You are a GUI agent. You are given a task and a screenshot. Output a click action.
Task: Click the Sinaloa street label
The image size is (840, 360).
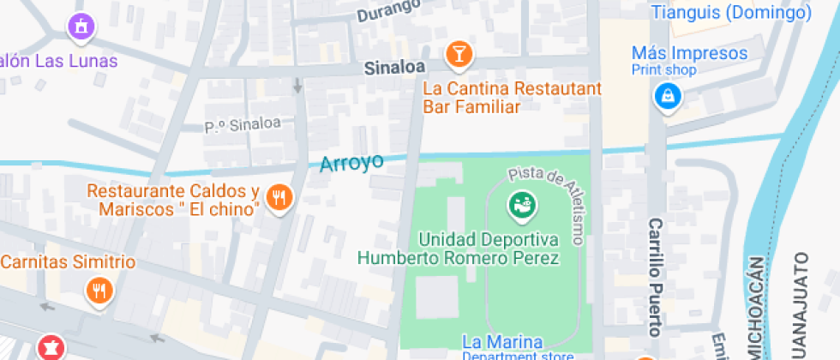pos(393,67)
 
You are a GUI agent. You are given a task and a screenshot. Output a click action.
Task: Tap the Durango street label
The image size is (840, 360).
pos(388,11)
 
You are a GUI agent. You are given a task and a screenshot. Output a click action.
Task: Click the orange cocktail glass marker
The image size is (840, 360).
pos(459,55)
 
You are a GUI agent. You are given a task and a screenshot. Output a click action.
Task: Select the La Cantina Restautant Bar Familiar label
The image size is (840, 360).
pos(513,98)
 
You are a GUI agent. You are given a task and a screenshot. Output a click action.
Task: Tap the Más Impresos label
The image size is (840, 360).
pos(689,53)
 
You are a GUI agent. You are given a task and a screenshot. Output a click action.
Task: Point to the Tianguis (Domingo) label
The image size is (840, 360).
pos(731,13)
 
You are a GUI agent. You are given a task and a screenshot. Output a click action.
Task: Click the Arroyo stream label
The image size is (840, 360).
pos(351,163)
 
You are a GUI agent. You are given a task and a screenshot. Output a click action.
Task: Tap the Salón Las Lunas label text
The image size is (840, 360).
pos(58,61)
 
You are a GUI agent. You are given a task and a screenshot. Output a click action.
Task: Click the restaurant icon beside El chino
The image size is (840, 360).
pos(279,199)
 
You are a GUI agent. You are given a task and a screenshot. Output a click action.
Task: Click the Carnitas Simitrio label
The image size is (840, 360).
pos(68,262)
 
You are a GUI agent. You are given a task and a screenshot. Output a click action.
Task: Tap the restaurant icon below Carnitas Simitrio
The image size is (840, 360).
pos(99,291)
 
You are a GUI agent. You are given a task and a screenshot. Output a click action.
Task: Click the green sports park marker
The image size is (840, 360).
pos(519,204)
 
